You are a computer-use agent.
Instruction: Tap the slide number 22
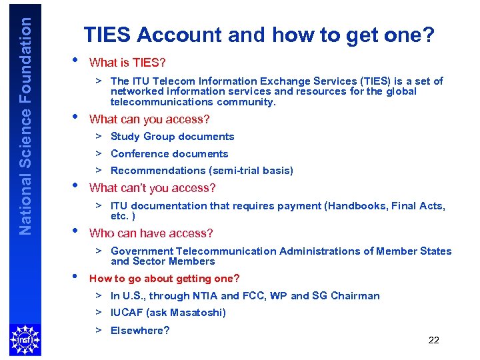(x=433, y=340)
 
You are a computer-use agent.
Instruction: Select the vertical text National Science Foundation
(x=25, y=125)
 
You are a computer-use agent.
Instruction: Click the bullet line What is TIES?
(x=127, y=63)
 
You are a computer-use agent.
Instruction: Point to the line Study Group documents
(x=172, y=137)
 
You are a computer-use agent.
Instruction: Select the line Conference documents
(x=169, y=154)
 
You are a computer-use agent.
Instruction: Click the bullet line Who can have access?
(x=151, y=233)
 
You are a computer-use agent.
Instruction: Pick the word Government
(x=141, y=251)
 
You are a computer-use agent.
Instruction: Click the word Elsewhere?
(x=140, y=331)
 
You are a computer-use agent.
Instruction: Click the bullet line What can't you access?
(x=152, y=188)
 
